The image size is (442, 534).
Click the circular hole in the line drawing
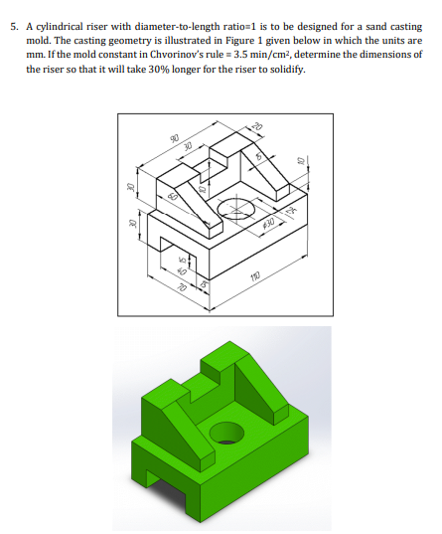pos(235,210)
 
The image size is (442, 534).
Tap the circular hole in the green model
pos(226,434)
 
